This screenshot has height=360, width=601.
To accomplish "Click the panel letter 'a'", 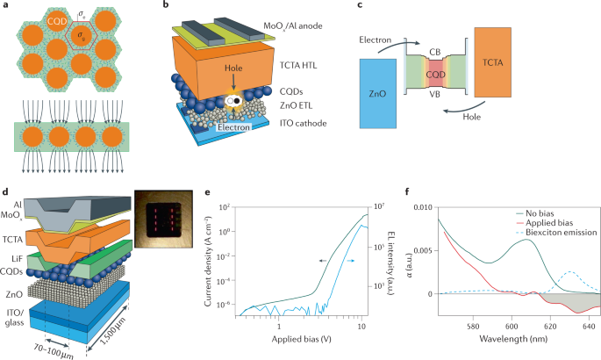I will [x=6, y=7].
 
